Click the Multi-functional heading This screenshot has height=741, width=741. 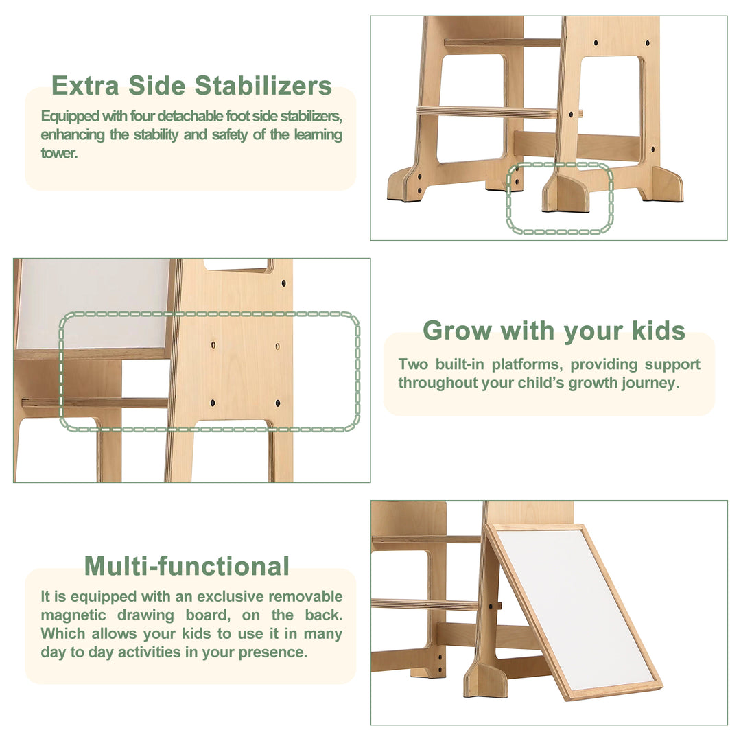[187, 567]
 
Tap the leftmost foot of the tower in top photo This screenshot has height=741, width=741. [405, 185]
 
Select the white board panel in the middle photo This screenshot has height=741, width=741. [93, 302]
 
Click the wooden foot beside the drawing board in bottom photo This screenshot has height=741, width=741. [486, 679]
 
